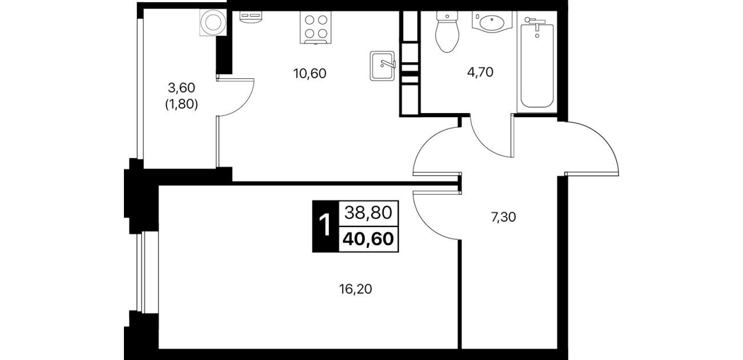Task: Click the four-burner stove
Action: pos(315,27)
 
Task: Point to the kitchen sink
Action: pos(383,66)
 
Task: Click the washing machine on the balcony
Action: pos(213,22)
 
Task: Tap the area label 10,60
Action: pos(310,74)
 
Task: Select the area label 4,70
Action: pos(480,72)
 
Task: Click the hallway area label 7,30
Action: pos(503,218)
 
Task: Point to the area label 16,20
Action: pos(355,289)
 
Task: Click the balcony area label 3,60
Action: pos(182,88)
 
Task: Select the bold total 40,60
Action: pos(368,239)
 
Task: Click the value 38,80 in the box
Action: pos(368,213)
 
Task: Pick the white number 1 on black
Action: pos(326,226)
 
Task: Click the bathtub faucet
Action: pos(535,22)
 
